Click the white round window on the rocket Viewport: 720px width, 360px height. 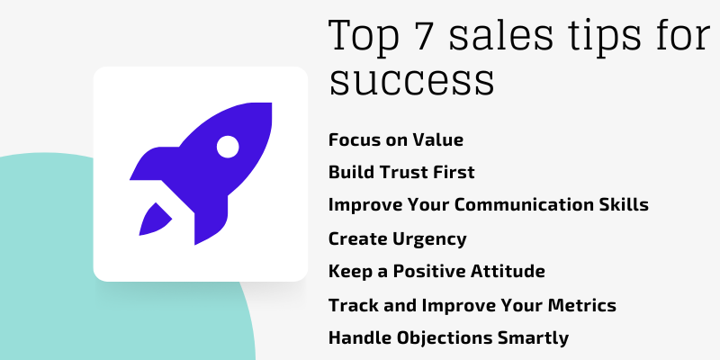[x=228, y=145]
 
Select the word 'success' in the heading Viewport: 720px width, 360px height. [x=411, y=81]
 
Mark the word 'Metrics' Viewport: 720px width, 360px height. [x=583, y=305]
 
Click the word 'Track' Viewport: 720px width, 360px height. [x=353, y=305]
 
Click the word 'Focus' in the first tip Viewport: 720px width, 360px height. [x=353, y=139]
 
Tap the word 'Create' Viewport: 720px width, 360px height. [x=356, y=238]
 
